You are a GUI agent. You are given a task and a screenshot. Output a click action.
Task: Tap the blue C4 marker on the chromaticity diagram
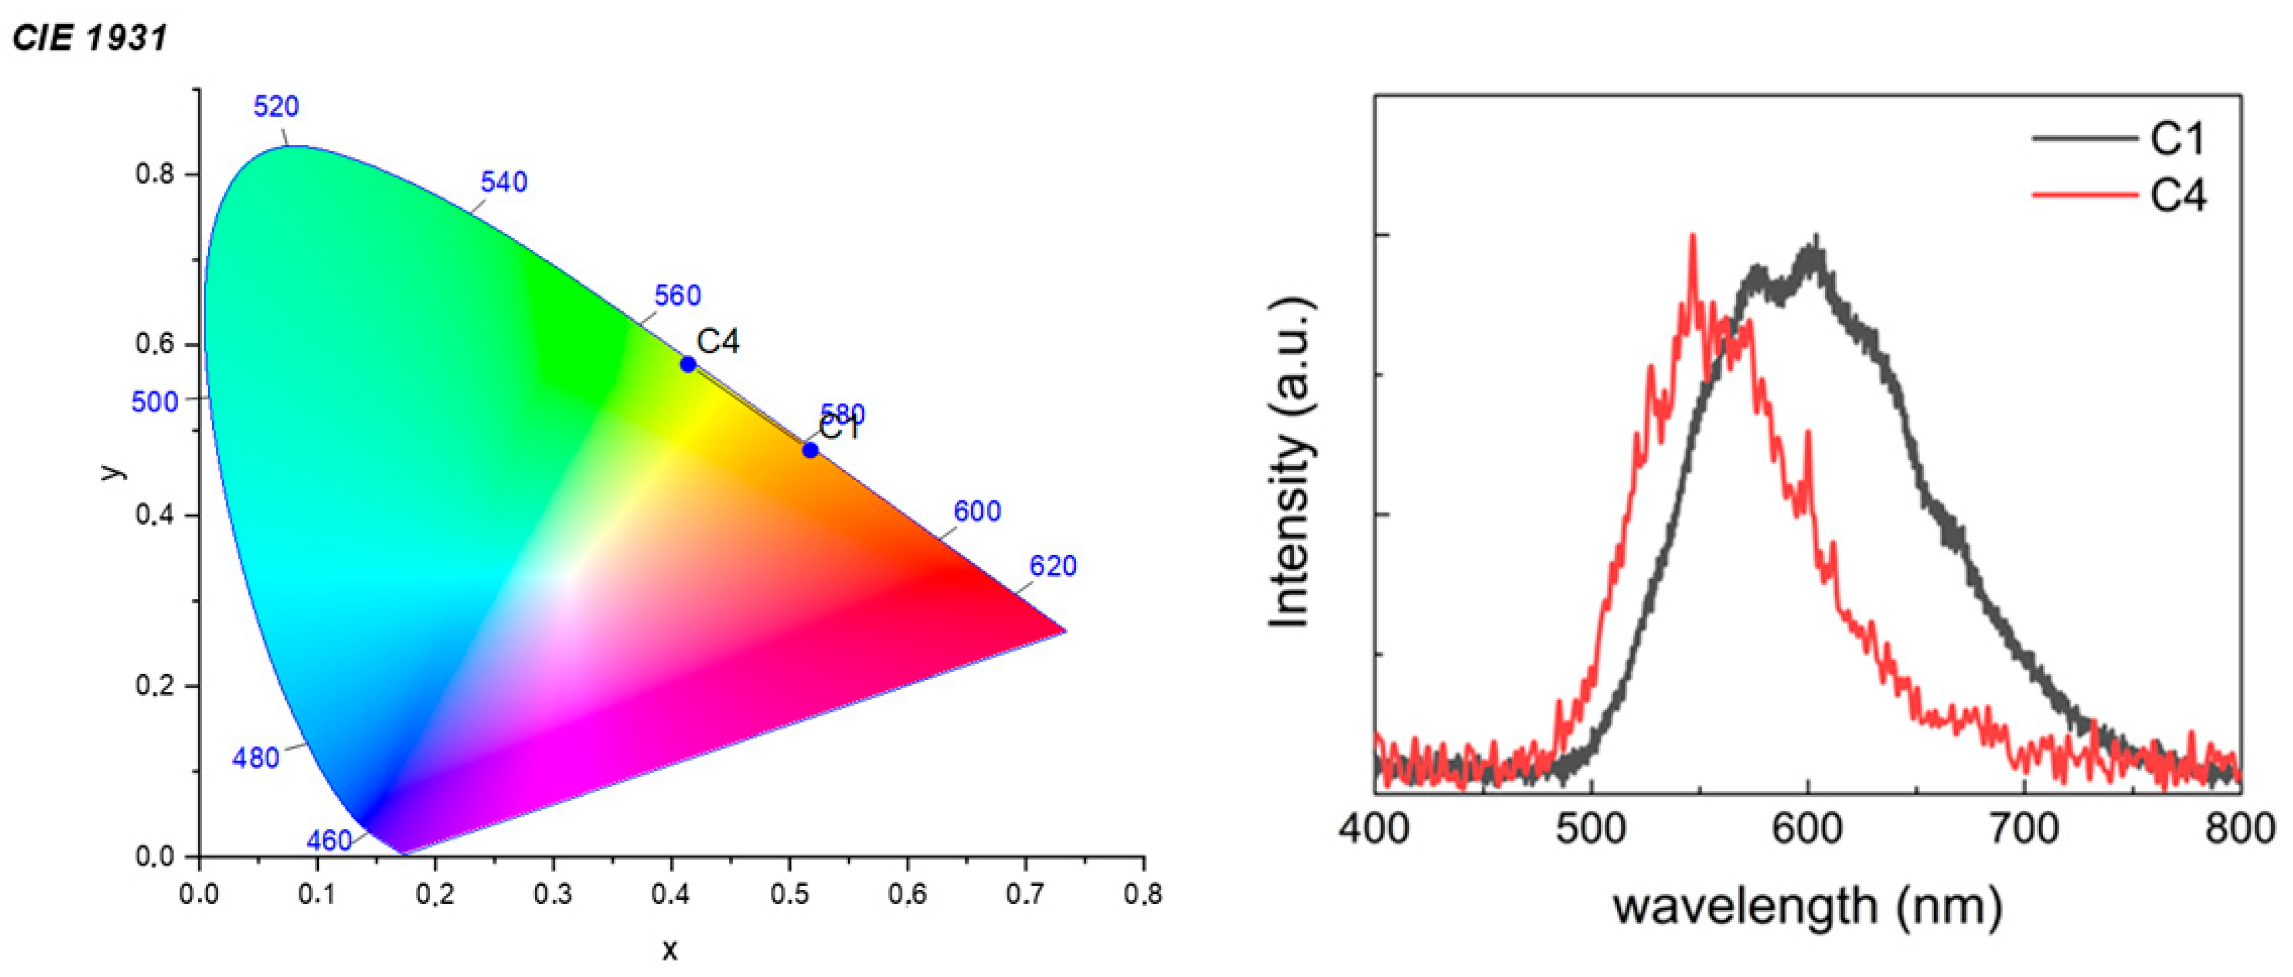click(688, 364)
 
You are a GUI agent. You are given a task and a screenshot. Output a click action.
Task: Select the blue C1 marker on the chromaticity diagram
click(810, 451)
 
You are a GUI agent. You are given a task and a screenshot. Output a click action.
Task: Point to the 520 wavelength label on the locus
click(276, 107)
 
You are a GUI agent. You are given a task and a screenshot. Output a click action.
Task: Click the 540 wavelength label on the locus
click(504, 183)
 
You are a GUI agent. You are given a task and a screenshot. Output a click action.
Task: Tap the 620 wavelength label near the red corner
click(1053, 566)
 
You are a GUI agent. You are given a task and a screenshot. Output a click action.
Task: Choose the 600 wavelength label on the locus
click(978, 511)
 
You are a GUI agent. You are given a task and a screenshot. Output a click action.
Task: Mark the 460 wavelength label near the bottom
click(329, 841)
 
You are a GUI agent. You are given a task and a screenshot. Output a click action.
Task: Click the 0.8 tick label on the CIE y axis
click(155, 174)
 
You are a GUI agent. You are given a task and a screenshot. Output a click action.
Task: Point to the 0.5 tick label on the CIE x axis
click(790, 893)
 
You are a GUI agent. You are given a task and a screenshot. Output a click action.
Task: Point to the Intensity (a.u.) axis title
click(1290, 463)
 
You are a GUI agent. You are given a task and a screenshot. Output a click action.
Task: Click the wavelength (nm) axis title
click(1807, 906)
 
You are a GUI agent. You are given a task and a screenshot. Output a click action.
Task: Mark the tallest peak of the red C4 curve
click(1692, 237)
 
